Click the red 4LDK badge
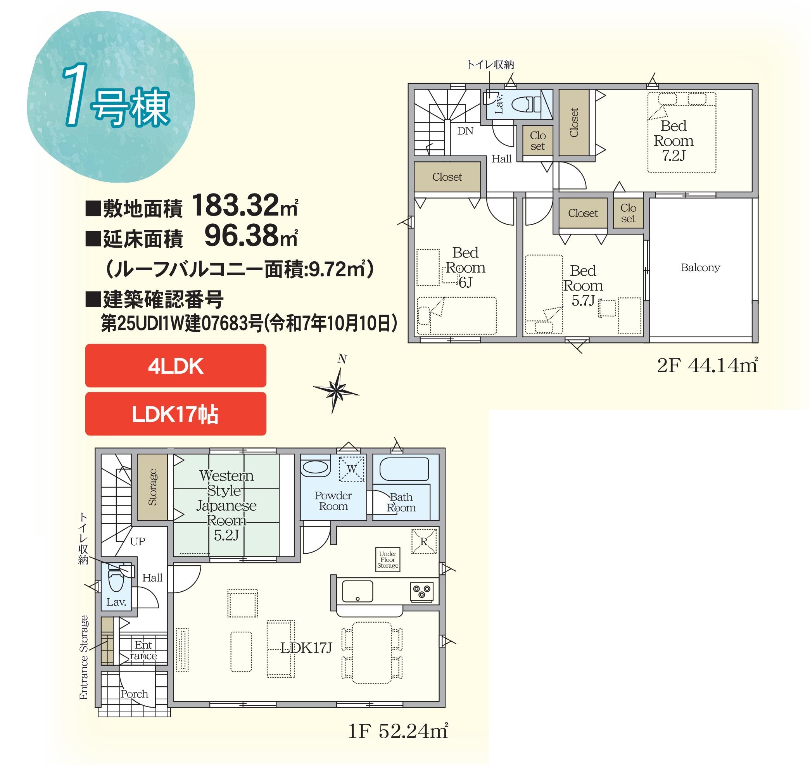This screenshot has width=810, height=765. [x=175, y=365]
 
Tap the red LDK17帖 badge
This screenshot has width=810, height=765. [x=175, y=413]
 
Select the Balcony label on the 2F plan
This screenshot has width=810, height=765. [x=700, y=268]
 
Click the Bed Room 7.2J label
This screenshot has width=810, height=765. [x=674, y=141]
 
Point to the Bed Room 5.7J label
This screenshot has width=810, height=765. [x=583, y=285]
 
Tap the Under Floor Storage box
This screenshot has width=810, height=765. [x=387, y=560]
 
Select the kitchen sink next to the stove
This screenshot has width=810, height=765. [x=357, y=591]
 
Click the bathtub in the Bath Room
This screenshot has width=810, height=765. [x=404, y=470]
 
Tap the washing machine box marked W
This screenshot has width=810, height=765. [x=351, y=468]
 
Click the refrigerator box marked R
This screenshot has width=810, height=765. [x=424, y=542]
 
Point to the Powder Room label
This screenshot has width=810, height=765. [x=333, y=501]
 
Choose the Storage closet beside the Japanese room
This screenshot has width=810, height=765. [x=152, y=487]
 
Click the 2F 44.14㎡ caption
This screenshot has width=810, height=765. [x=707, y=365]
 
